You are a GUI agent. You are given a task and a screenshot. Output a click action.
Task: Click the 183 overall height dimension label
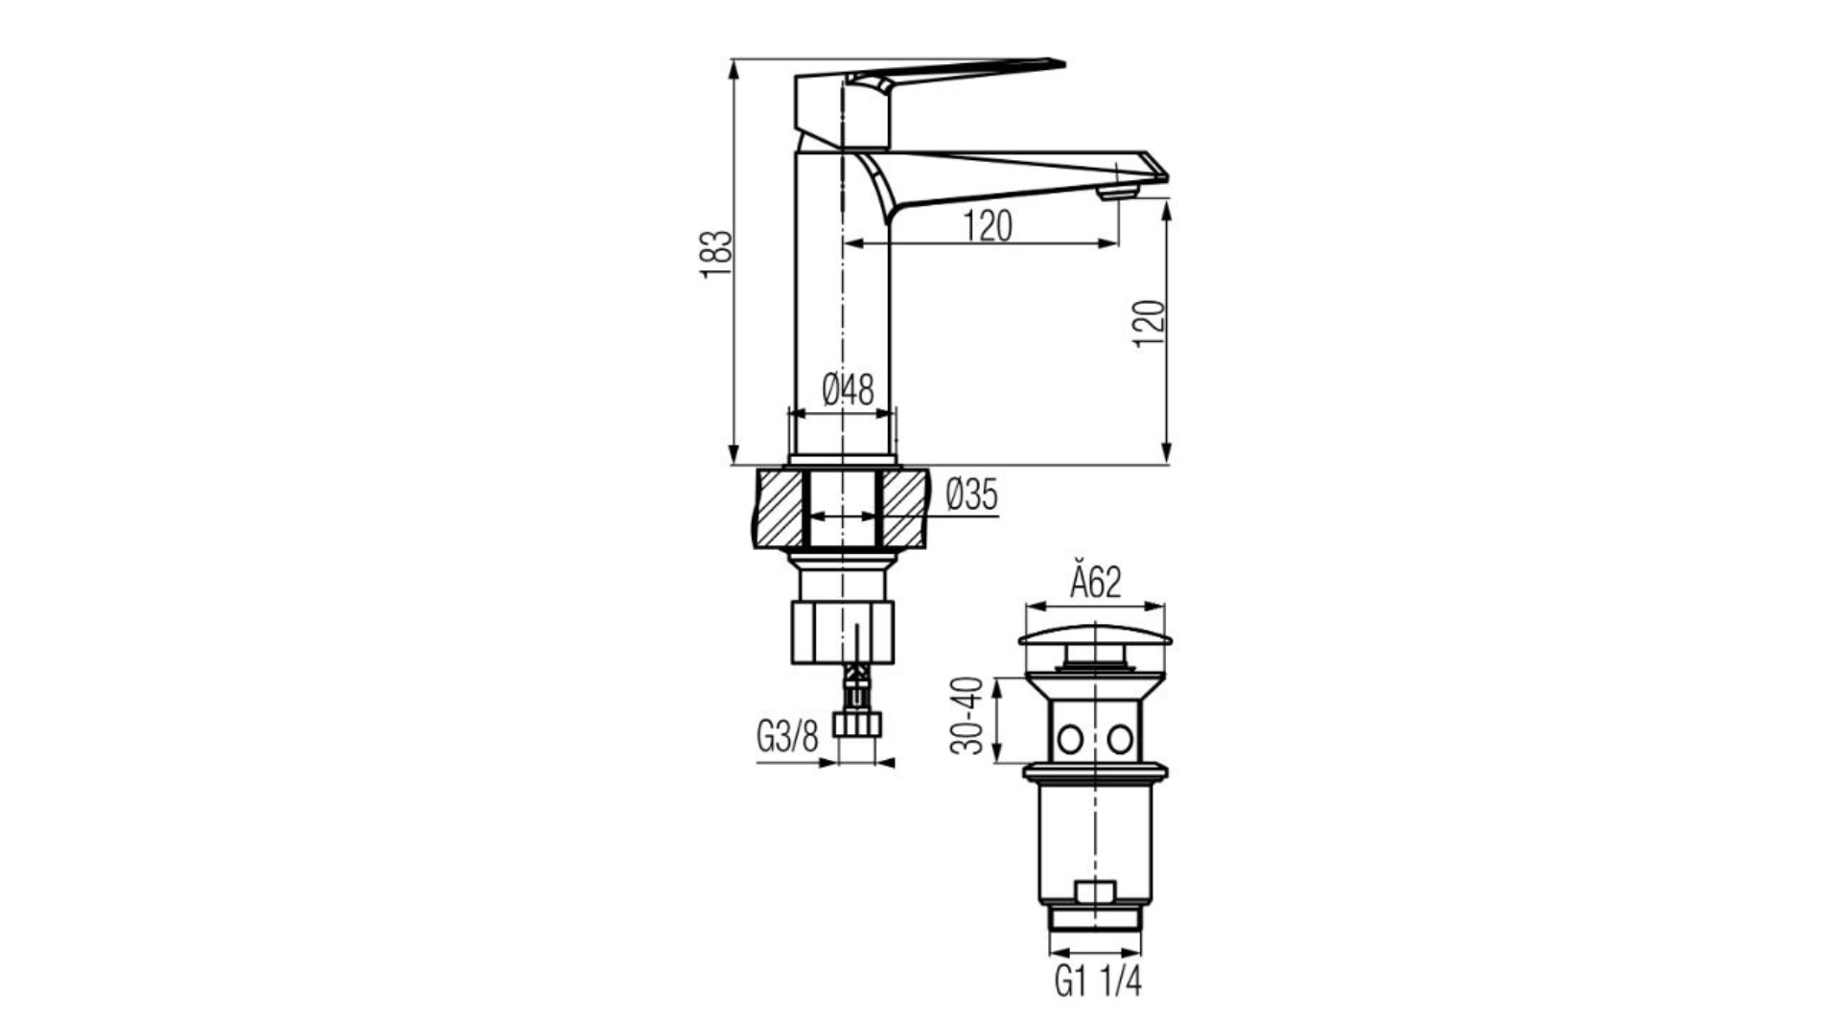[716, 254]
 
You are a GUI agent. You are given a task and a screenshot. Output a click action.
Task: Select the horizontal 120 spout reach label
[988, 226]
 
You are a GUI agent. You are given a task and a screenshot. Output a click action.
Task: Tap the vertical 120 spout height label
[1150, 324]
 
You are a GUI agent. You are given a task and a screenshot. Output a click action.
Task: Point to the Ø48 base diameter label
[849, 390]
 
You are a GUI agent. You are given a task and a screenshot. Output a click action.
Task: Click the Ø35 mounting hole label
[971, 495]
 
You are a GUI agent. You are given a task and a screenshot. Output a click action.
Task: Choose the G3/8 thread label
[787, 737]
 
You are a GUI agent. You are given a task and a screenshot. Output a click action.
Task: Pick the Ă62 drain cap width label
[1095, 583]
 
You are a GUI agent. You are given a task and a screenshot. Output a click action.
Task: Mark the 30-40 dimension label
[967, 716]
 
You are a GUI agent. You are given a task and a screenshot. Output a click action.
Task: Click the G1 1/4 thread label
[1098, 982]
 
